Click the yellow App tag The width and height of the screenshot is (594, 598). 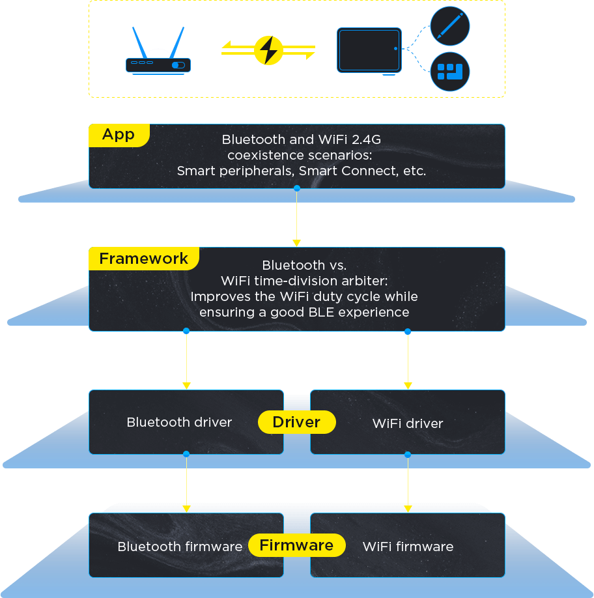pyautogui.click(x=119, y=135)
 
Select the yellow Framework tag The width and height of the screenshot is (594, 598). pyautogui.click(x=143, y=259)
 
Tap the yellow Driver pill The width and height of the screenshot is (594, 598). pyautogui.click(x=296, y=422)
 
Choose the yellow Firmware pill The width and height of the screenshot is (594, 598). pyautogui.click(x=296, y=545)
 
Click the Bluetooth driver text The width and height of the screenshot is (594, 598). pyautogui.click(x=179, y=422)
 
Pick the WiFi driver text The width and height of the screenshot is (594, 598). pyautogui.click(x=407, y=423)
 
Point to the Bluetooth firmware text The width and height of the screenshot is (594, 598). pyautogui.click(x=180, y=547)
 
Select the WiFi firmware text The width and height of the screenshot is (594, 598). pyautogui.click(x=408, y=547)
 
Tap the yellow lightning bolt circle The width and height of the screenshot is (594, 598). pyautogui.click(x=268, y=50)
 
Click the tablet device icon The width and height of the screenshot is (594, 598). pyautogui.click(x=369, y=50)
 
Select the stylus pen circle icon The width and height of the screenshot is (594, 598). pyautogui.click(x=450, y=26)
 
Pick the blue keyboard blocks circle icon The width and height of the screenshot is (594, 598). pyautogui.click(x=450, y=72)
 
